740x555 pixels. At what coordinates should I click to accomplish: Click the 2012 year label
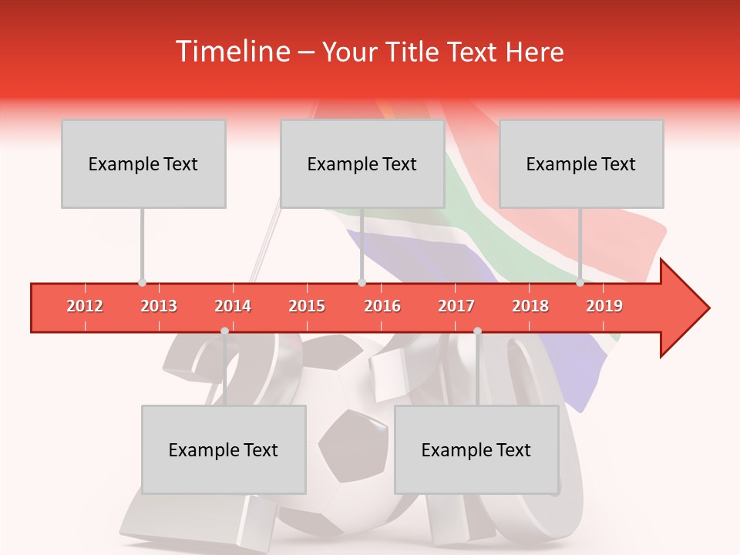[85, 306]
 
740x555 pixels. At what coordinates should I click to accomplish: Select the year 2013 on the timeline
[159, 306]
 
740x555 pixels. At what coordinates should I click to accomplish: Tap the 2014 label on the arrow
[233, 306]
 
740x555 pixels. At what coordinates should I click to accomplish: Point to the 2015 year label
[307, 306]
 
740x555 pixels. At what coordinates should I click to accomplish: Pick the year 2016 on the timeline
[382, 306]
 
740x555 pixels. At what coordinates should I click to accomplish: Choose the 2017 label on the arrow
[456, 306]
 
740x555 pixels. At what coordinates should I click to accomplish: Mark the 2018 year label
[530, 306]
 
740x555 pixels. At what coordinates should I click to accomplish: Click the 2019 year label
[604, 306]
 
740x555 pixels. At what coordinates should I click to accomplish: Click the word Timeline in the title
[233, 52]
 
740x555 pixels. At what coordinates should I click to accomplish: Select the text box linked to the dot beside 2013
[143, 163]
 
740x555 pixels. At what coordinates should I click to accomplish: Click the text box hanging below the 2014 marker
[224, 449]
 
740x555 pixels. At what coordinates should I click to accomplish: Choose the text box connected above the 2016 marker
[362, 163]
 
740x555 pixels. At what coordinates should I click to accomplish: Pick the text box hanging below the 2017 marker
[476, 449]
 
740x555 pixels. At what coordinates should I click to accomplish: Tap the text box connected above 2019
[581, 163]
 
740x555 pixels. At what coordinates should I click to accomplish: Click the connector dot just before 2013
[142, 283]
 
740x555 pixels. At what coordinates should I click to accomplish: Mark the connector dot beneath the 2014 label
[224, 331]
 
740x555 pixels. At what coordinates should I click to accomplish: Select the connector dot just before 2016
[362, 283]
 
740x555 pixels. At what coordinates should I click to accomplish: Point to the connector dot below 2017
[477, 331]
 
